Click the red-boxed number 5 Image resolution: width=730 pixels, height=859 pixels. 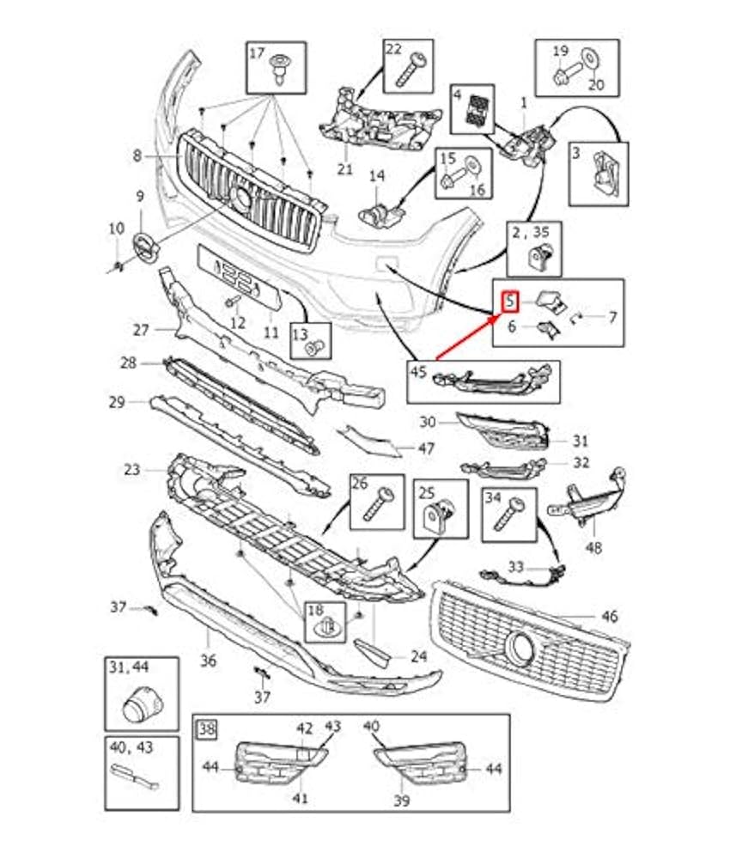510,302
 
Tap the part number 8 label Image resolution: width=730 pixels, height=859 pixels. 137,156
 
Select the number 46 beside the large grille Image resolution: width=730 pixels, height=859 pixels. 610,616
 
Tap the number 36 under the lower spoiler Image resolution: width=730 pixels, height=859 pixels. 209,661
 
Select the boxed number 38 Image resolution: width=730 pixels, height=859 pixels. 206,730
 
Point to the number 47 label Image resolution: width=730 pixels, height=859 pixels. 426,448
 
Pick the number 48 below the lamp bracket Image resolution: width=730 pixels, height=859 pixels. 595,547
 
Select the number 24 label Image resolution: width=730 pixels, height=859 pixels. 418,657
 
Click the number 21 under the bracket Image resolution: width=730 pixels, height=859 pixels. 344,169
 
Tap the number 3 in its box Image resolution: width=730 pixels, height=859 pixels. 578,154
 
